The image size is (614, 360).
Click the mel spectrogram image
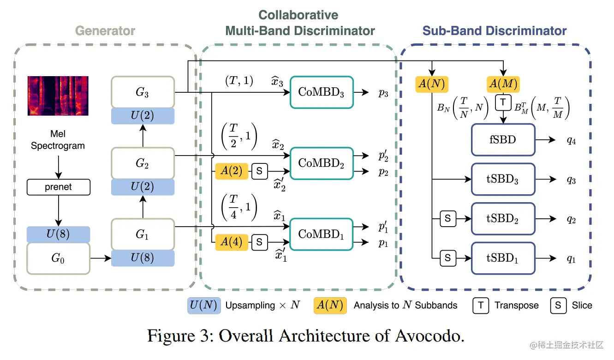tap(58, 96)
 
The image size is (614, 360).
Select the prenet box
tap(59, 187)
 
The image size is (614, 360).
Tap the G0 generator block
tap(59, 258)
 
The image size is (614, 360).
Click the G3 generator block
tap(143, 92)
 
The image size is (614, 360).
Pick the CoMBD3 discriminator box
tap(322, 92)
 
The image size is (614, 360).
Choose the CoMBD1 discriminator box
tap(321, 234)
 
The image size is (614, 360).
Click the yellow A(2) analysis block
tap(232, 171)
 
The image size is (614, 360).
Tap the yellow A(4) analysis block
tap(232, 242)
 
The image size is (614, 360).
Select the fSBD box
tap(503, 140)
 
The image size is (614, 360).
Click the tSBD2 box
tap(503, 219)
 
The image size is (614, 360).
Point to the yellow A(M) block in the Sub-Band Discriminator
tap(503, 84)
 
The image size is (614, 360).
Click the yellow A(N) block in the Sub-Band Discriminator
tap(432, 84)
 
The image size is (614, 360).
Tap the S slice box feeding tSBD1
tap(448, 258)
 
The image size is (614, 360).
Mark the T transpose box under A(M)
tap(503, 102)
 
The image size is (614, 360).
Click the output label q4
tap(571, 141)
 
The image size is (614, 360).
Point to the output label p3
tap(383, 93)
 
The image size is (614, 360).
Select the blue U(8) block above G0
tap(59, 234)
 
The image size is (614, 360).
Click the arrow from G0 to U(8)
tap(101, 258)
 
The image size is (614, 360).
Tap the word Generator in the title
tap(105, 31)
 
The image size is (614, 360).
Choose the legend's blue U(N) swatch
tap(204, 306)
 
